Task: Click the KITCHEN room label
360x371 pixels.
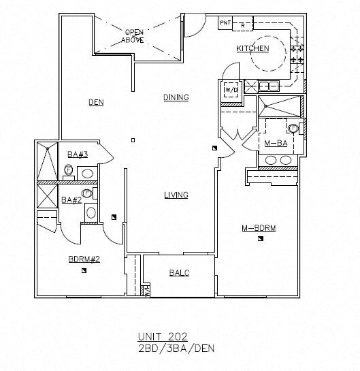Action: [x=252, y=48]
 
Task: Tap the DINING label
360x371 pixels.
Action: [x=176, y=97]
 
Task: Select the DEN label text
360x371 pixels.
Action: [x=96, y=102]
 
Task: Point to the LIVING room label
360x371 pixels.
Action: [x=176, y=195]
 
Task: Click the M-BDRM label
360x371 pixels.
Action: [x=259, y=228]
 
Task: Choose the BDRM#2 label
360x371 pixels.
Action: [x=84, y=259]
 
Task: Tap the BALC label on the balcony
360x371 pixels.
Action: [x=179, y=273]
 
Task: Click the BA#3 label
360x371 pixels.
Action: [x=78, y=155]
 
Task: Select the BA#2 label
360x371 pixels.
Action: [x=71, y=200]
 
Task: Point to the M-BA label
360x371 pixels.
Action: [x=276, y=143]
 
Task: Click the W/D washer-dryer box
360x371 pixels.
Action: [x=231, y=89]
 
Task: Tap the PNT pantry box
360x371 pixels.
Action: [x=225, y=23]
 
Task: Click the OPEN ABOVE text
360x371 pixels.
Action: [x=133, y=36]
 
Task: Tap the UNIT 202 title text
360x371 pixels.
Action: [x=163, y=336]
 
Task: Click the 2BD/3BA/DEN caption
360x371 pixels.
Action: [x=176, y=349]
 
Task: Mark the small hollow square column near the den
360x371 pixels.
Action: [x=133, y=140]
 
